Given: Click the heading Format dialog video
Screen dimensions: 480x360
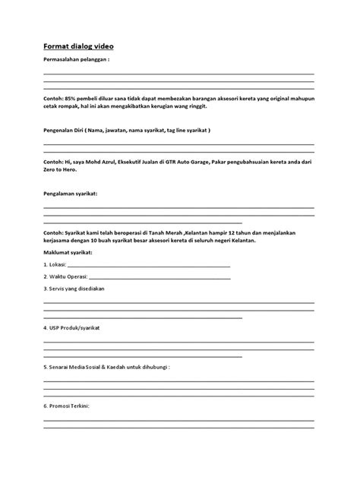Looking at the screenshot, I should click(x=79, y=46).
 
